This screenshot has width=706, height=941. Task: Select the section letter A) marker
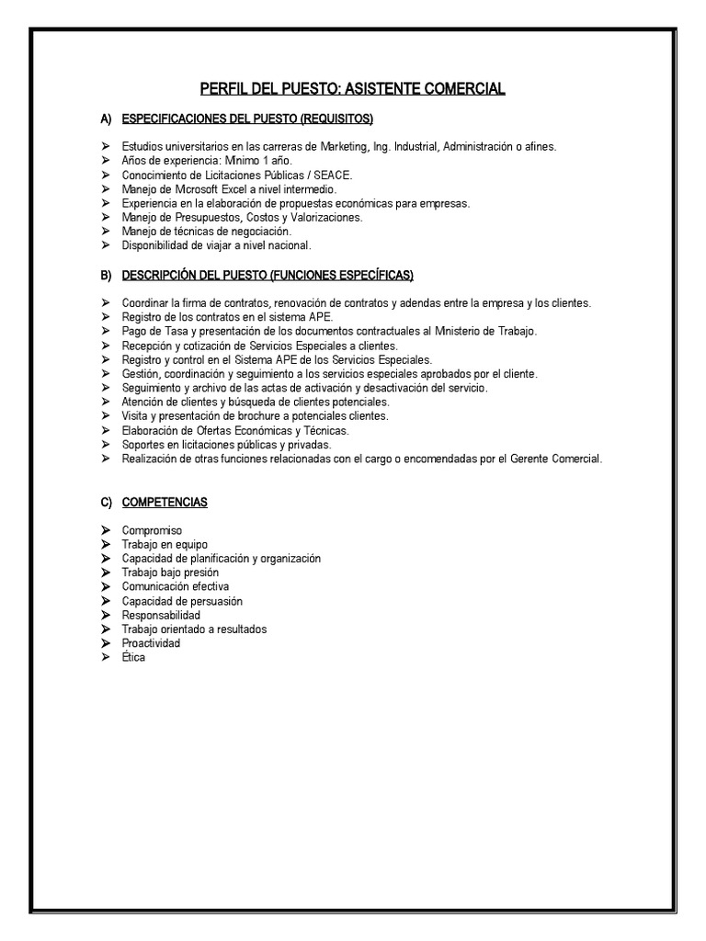106,119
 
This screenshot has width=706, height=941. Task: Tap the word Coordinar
144,303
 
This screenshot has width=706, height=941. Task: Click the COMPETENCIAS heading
165,503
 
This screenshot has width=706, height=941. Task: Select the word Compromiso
152,530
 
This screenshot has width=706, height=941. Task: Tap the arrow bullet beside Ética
106,657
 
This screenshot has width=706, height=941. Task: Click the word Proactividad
151,643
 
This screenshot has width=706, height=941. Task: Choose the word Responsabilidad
161,615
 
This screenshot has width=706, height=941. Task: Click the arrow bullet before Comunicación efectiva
106,586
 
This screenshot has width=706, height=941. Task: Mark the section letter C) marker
106,503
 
